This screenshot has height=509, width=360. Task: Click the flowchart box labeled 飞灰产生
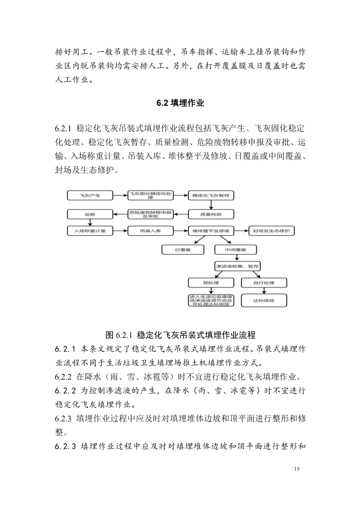click(90, 196)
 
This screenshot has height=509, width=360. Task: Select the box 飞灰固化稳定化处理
click(150, 196)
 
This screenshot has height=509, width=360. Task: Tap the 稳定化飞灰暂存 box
click(211, 196)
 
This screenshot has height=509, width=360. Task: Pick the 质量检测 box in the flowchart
click(211, 214)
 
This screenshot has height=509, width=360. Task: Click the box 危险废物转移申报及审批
click(150, 214)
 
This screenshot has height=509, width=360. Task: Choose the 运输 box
click(90, 214)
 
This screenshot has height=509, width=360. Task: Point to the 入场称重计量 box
click(90, 231)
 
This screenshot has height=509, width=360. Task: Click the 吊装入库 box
click(150, 231)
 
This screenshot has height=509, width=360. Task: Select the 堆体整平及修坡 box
click(211, 231)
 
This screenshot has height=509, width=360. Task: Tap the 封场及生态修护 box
click(271, 231)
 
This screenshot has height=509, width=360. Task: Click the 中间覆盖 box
click(236, 249)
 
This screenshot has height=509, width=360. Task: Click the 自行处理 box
click(264, 283)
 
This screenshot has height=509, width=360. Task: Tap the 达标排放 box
click(264, 300)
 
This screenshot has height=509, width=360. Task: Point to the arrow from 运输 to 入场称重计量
click(90, 222)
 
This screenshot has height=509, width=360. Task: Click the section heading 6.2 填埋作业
click(180, 103)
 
